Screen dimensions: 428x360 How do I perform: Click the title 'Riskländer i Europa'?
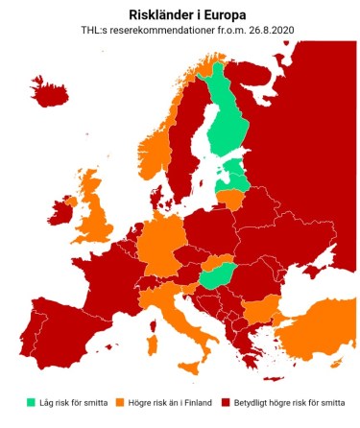click(180, 14)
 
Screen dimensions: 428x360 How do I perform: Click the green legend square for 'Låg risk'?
click(31, 401)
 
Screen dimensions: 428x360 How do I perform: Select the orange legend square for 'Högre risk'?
click(120, 401)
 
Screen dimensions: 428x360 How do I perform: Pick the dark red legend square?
click(227, 401)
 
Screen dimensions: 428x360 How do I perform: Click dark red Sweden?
click(185, 144)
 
